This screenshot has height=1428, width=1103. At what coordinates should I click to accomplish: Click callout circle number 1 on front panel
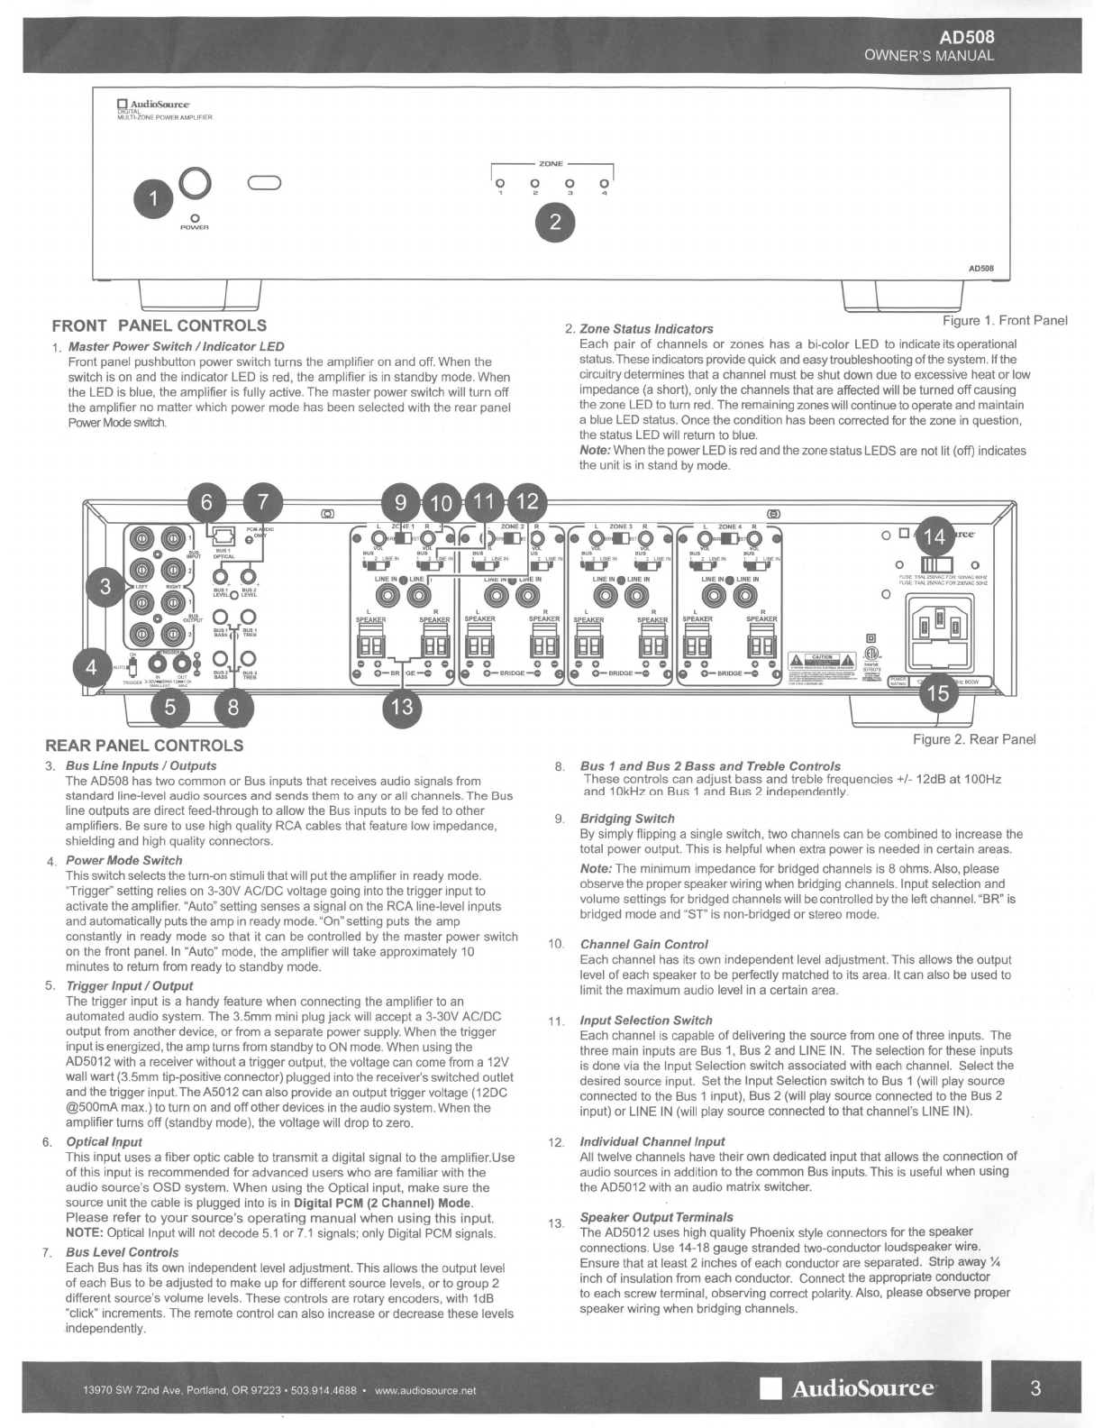(154, 200)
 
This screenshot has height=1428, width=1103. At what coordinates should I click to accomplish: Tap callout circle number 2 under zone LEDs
(555, 223)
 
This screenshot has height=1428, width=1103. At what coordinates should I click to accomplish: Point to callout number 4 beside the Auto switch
(91, 668)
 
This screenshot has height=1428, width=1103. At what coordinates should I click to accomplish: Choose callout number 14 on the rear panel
(934, 538)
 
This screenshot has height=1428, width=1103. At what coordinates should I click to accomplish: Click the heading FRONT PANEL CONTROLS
(160, 325)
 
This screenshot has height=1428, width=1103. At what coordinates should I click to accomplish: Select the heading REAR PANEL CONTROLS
(144, 746)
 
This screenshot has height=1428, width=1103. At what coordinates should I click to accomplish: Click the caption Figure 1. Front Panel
(1005, 321)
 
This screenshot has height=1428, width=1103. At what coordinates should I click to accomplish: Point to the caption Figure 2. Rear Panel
(974, 739)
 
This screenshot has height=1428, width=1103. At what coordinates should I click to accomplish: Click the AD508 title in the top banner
(967, 38)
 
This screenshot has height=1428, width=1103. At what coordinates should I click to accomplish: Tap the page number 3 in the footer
(1035, 1387)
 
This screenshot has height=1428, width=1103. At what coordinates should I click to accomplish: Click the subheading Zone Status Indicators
(646, 329)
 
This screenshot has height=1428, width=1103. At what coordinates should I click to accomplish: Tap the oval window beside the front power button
(265, 184)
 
